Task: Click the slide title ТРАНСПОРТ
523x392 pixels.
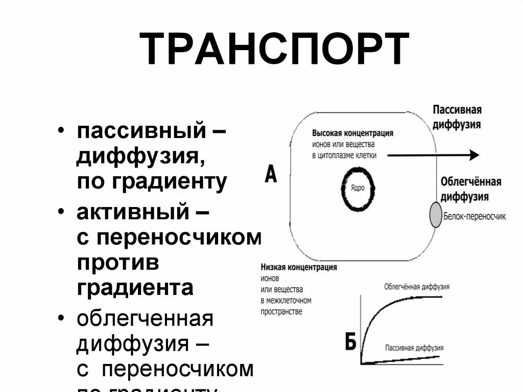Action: [274, 50]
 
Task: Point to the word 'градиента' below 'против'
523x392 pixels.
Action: [135, 287]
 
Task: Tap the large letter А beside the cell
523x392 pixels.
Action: [271, 175]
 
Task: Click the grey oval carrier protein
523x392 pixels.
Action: [435, 215]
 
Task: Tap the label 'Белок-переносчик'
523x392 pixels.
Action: [474, 216]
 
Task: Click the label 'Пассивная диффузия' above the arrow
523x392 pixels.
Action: [457, 117]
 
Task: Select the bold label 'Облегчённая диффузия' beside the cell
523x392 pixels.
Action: [470, 189]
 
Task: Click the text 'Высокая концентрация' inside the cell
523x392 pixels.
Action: [352, 133]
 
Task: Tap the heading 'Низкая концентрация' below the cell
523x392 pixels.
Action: [299, 267]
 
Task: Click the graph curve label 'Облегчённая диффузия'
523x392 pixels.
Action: [417, 287]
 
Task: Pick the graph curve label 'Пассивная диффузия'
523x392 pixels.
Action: [414, 348]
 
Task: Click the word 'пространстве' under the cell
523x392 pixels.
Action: [281, 311]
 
